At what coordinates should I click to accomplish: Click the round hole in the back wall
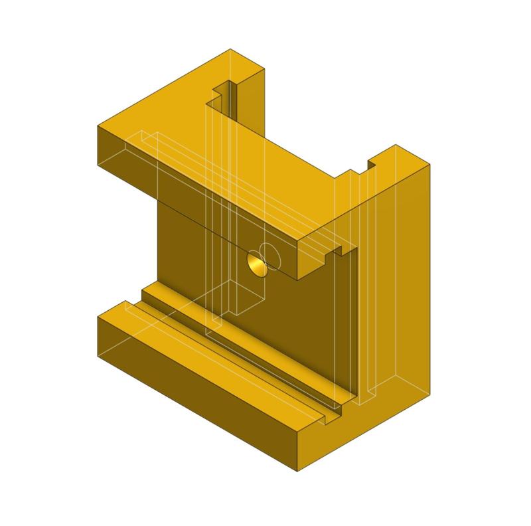[x=256, y=263]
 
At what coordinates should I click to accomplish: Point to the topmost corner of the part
[x=230, y=49]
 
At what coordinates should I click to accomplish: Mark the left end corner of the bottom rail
[x=98, y=317]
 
